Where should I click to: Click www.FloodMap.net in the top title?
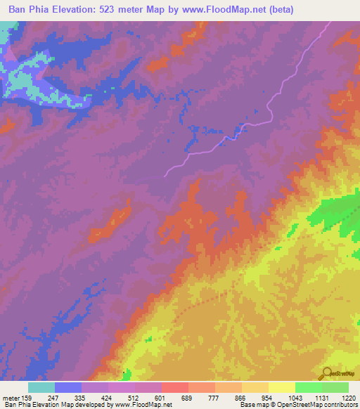click(223, 9)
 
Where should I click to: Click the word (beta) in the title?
click(278, 9)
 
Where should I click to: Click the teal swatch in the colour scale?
click(41, 387)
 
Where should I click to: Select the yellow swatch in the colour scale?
click(282, 387)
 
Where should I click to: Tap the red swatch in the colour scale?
click(175, 387)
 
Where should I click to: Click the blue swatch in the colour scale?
click(68, 387)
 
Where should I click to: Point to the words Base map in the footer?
click(252, 404)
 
